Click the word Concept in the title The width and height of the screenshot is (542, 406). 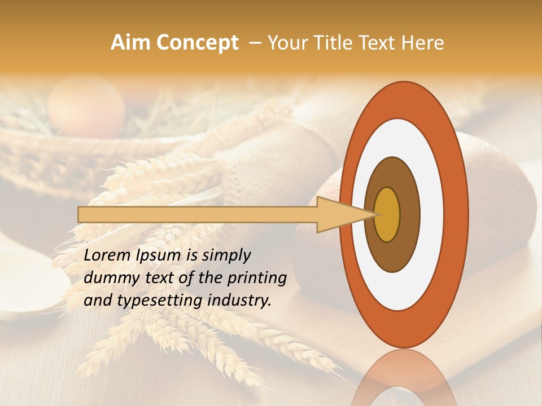[197, 43]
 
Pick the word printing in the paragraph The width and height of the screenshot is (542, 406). [257, 278]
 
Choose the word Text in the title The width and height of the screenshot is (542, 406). [379, 43]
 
